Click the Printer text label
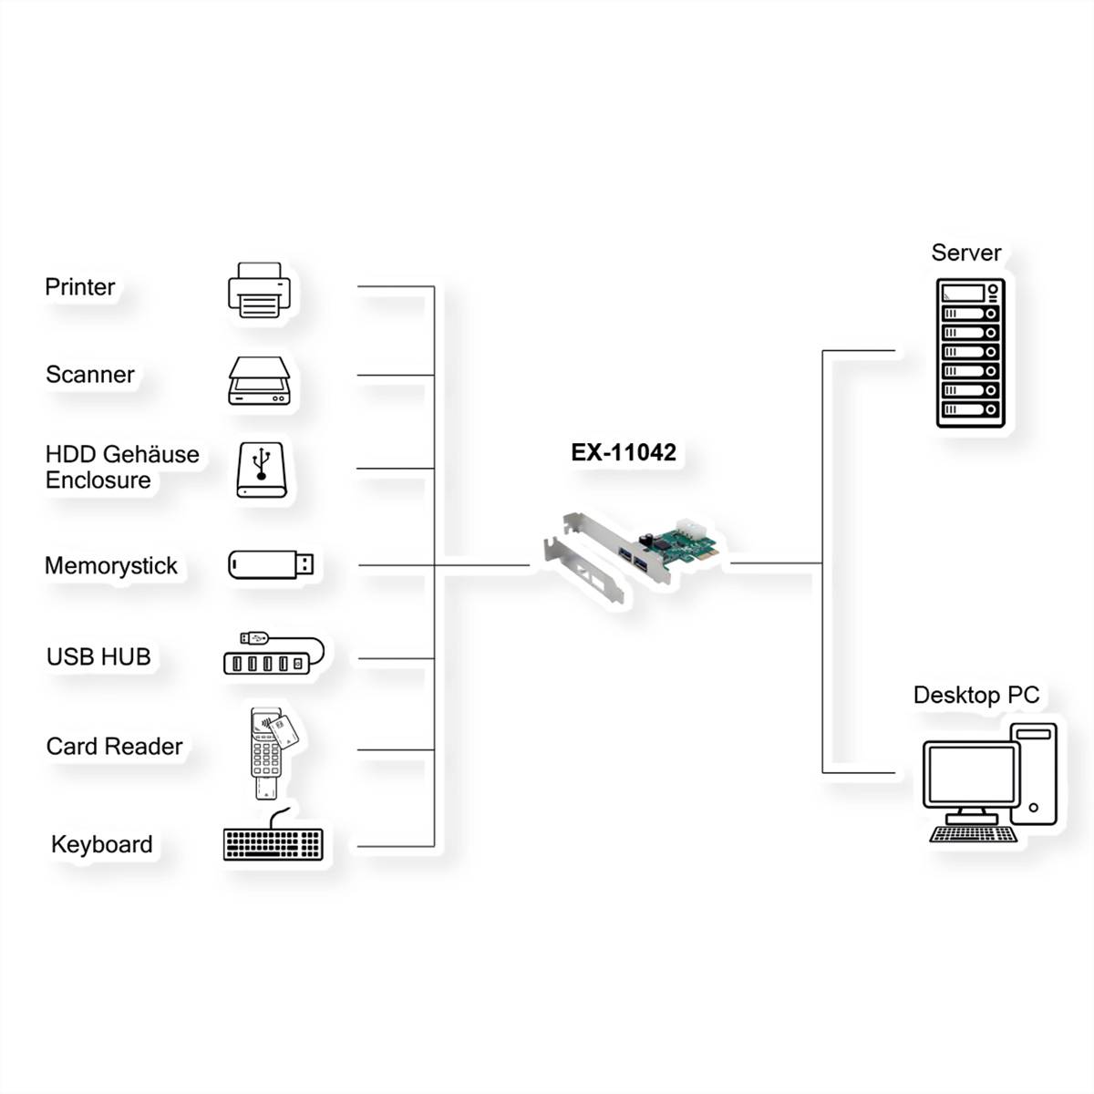click(80, 287)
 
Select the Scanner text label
click(89, 375)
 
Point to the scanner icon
click(260, 381)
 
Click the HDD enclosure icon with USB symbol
click(262, 470)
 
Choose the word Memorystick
click(111, 566)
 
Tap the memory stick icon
click(271, 564)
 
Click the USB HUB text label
click(98, 657)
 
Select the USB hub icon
click(272, 654)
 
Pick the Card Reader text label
click(114, 747)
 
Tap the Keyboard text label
click(101, 845)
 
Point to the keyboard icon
click(273, 842)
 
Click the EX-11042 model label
click(624, 453)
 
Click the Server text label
click(965, 253)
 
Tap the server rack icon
click(970, 353)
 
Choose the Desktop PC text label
click(975, 696)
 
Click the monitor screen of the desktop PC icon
click(970, 776)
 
